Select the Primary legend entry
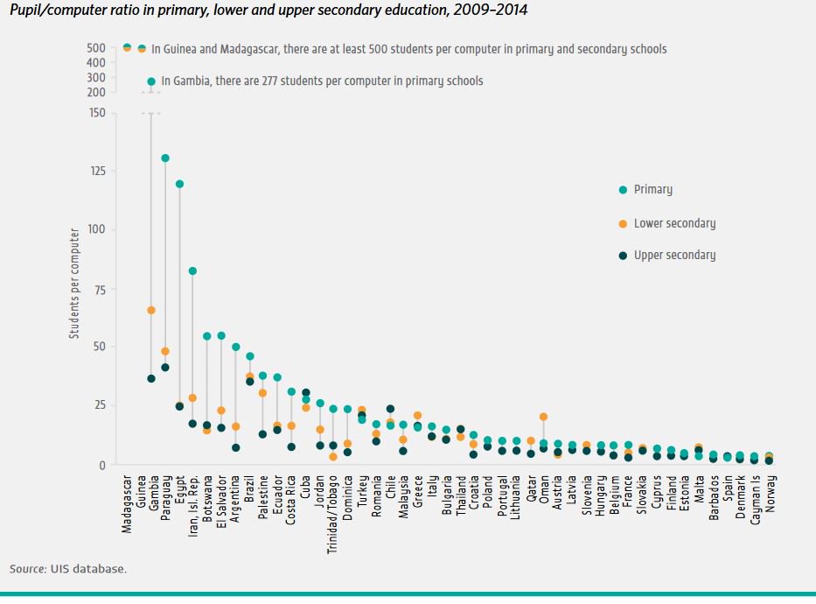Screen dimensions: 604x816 tap(652, 189)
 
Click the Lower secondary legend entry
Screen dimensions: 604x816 tap(673, 223)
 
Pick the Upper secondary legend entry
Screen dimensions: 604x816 tap(673, 255)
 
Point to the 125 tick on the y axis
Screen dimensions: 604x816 tap(96, 171)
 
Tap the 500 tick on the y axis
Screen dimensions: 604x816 tap(96, 48)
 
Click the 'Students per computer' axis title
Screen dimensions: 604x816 tap(75, 284)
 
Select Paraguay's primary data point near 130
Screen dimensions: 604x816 tap(165, 158)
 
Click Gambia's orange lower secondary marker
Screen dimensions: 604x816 tap(151, 310)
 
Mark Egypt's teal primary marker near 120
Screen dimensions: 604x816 tap(179, 184)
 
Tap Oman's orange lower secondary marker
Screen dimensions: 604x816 tap(544, 417)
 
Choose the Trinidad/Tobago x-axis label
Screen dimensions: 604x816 tap(333, 509)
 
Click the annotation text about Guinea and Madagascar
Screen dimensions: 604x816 tap(408, 49)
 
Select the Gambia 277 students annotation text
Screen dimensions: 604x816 tap(321, 81)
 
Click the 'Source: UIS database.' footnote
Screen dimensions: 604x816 tap(68, 569)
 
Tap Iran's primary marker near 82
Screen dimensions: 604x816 tap(192, 271)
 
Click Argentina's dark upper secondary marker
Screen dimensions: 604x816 tap(235, 447)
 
